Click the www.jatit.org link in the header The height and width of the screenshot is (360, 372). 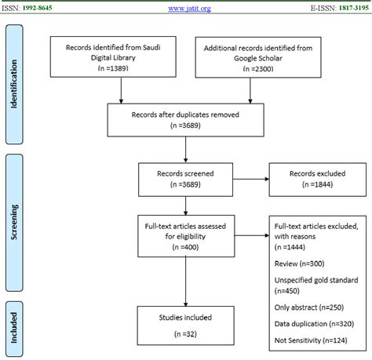click(186, 9)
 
